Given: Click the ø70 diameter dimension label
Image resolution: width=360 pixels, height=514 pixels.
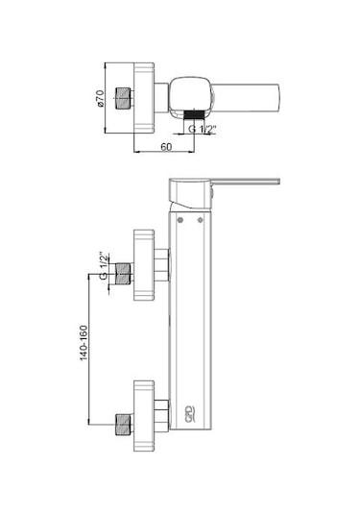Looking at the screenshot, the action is (x=100, y=98).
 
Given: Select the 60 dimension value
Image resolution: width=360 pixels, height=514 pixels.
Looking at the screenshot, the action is (x=166, y=147).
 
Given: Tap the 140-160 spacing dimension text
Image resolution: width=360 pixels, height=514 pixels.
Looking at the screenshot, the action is (x=84, y=343).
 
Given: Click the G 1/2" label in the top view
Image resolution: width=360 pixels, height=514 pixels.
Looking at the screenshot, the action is (x=203, y=129).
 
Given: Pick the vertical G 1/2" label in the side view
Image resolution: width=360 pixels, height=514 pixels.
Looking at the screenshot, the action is (x=103, y=266).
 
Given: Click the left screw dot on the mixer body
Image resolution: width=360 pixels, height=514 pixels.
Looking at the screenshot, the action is (x=180, y=220).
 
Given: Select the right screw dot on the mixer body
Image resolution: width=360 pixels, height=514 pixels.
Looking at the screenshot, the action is (x=200, y=220).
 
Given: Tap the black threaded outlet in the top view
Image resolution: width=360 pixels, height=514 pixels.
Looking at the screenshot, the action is (x=194, y=114).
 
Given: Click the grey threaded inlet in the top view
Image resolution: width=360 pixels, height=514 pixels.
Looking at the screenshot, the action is (x=124, y=98).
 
